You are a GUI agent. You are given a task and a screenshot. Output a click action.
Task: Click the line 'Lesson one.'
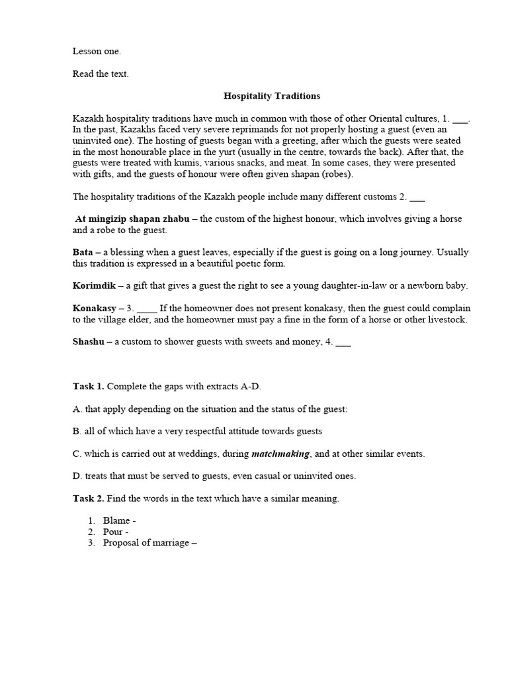pos(97,51)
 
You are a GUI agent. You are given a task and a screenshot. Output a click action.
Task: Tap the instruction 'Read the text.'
pos(101,73)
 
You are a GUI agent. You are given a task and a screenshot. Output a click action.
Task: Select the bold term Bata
pos(82,252)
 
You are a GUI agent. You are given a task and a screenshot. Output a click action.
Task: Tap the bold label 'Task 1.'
pos(88,386)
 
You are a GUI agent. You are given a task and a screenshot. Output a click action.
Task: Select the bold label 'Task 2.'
pos(88,499)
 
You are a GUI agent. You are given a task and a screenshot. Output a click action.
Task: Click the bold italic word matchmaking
pos(280,454)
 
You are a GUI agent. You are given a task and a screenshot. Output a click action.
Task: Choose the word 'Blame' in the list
pos(116,521)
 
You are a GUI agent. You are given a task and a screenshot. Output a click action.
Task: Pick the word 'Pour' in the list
pos(112,532)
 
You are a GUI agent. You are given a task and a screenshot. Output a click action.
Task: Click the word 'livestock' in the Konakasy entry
pos(448,320)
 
